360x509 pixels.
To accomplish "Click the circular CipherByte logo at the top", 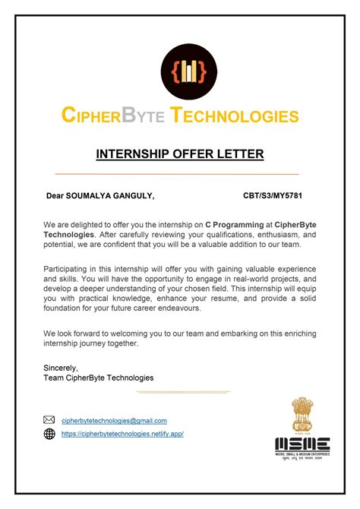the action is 180,71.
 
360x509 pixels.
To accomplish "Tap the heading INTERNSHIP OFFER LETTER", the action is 180,154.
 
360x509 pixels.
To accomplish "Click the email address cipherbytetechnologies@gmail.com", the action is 114,420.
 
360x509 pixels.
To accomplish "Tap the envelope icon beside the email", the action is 49,420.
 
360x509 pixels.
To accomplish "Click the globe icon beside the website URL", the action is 49,434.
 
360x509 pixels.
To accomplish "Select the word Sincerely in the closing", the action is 61,368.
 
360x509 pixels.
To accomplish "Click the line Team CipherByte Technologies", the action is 99,378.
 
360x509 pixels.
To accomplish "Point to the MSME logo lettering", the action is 302,443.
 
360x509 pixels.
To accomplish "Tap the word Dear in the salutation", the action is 56,196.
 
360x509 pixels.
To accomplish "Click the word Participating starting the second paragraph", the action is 67,270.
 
